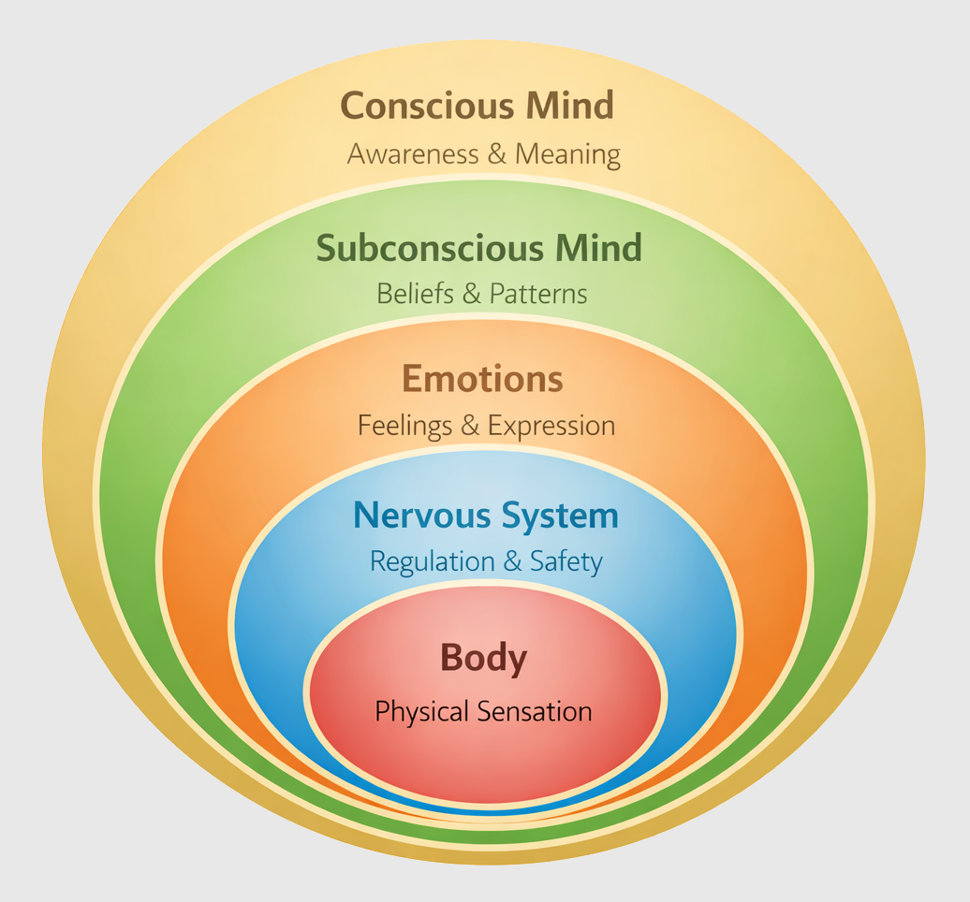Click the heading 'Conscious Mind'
(x=477, y=105)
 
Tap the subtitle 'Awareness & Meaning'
(x=483, y=154)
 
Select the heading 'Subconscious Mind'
(x=478, y=249)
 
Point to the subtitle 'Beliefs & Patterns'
(x=482, y=294)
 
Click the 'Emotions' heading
(x=482, y=380)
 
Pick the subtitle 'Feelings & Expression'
(x=486, y=427)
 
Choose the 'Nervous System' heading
(x=485, y=516)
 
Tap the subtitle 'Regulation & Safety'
(x=486, y=561)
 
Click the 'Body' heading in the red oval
(x=483, y=659)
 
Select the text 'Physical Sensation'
(x=483, y=712)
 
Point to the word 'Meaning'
(x=568, y=154)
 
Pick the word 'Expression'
(x=551, y=427)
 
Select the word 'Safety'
(x=566, y=561)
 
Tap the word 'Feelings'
(x=404, y=427)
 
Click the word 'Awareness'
(x=412, y=154)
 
